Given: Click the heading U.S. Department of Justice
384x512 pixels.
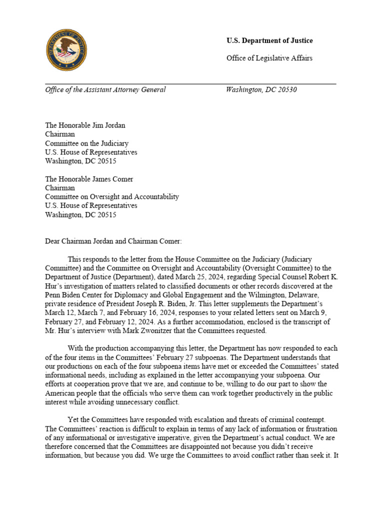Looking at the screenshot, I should (x=269, y=40).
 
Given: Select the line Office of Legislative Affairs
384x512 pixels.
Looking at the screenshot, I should (x=269, y=58).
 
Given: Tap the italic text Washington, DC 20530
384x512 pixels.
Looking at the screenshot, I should (x=261, y=90).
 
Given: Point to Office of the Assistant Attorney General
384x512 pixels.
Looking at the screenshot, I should (x=105, y=90).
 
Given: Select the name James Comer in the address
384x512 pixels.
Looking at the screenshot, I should (x=109, y=178).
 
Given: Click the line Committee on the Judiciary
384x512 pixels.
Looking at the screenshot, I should (x=86, y=143).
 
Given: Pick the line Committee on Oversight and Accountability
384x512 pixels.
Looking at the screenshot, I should (x=112, y=196).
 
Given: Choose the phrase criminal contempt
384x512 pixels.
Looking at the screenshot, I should (x=298, y=420).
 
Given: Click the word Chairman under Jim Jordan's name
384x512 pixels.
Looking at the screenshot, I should (x=60, y=134).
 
